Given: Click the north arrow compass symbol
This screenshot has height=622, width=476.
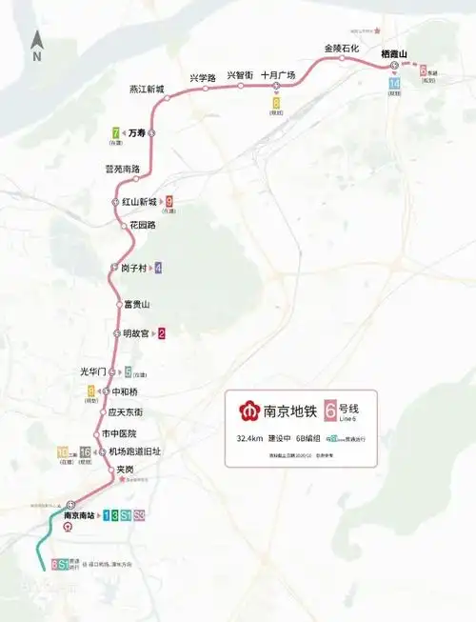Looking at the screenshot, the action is click(36, 44).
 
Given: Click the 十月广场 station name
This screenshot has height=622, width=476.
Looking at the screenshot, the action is click(278, 75).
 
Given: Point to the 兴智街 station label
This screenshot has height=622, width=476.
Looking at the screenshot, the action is click(240, 75).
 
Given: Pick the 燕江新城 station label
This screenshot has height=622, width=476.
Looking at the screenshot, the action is click(148, 90).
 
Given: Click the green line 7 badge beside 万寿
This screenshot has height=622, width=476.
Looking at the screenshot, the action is click(116, 133).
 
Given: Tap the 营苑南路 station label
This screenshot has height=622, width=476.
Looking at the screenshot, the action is click(122, 169).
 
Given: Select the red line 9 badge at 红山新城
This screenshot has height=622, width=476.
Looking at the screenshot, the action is click(169, 202).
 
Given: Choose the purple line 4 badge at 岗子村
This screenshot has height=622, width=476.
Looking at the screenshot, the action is click(158, 268).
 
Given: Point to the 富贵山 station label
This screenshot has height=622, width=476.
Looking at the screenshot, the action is click(137, 304).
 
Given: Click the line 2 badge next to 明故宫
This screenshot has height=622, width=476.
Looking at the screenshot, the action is click(162, 334).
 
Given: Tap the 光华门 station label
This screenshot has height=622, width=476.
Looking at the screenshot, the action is click(98, 371).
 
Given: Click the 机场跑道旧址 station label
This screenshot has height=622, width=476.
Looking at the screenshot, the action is click(135, 451).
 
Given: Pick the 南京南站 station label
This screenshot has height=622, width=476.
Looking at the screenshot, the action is click(79, 515).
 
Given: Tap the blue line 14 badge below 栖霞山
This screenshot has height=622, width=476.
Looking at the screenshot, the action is click(394, 84).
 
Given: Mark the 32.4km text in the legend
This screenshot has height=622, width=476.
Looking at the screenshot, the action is click(250, 439).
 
